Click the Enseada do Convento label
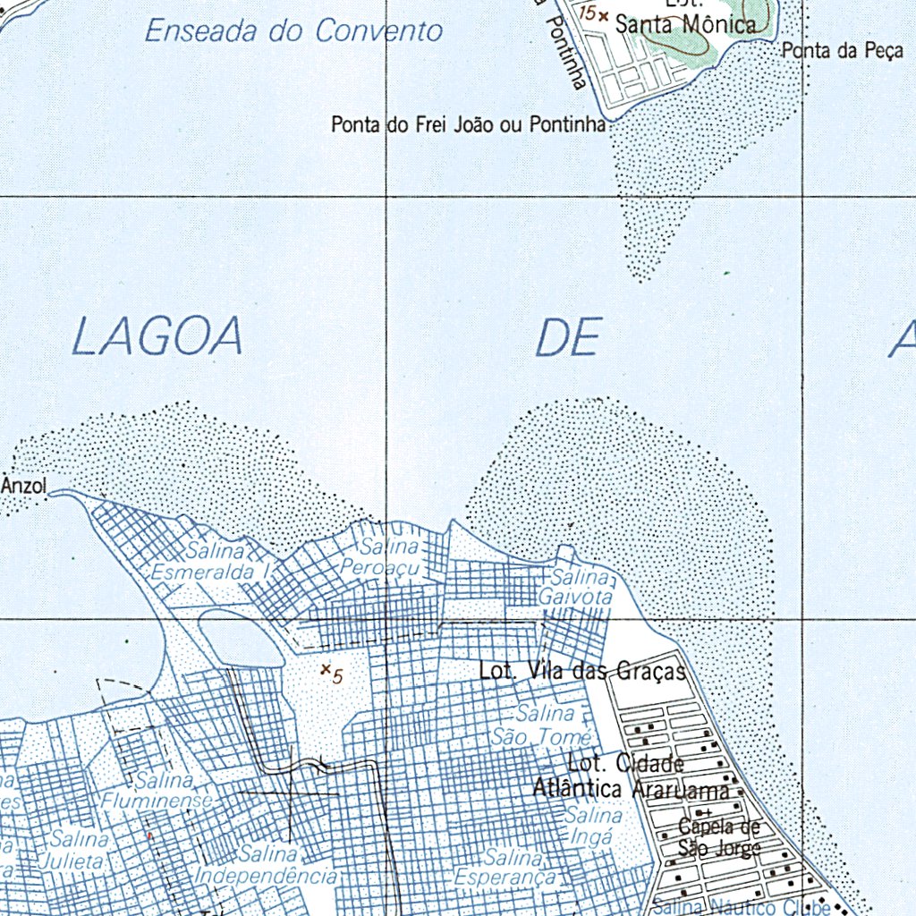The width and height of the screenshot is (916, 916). click(x=293, y=31)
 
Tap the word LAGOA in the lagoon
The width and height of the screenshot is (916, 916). click(x=157, y=337)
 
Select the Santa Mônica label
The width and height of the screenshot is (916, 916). click(x=684, y=24)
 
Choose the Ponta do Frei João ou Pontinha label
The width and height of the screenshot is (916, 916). click(x=469, y=124)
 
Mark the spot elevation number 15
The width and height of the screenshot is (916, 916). click(x=588, y=13)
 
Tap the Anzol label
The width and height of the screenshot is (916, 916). click(x=24, y=486)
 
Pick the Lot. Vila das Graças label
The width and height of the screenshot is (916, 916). click(x=582, y=670)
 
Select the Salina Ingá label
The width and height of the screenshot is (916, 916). click(x=592, y=827)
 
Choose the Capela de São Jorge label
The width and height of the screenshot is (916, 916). click(x=718, y=836)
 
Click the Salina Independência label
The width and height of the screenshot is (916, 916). click(x=266, y=865)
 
